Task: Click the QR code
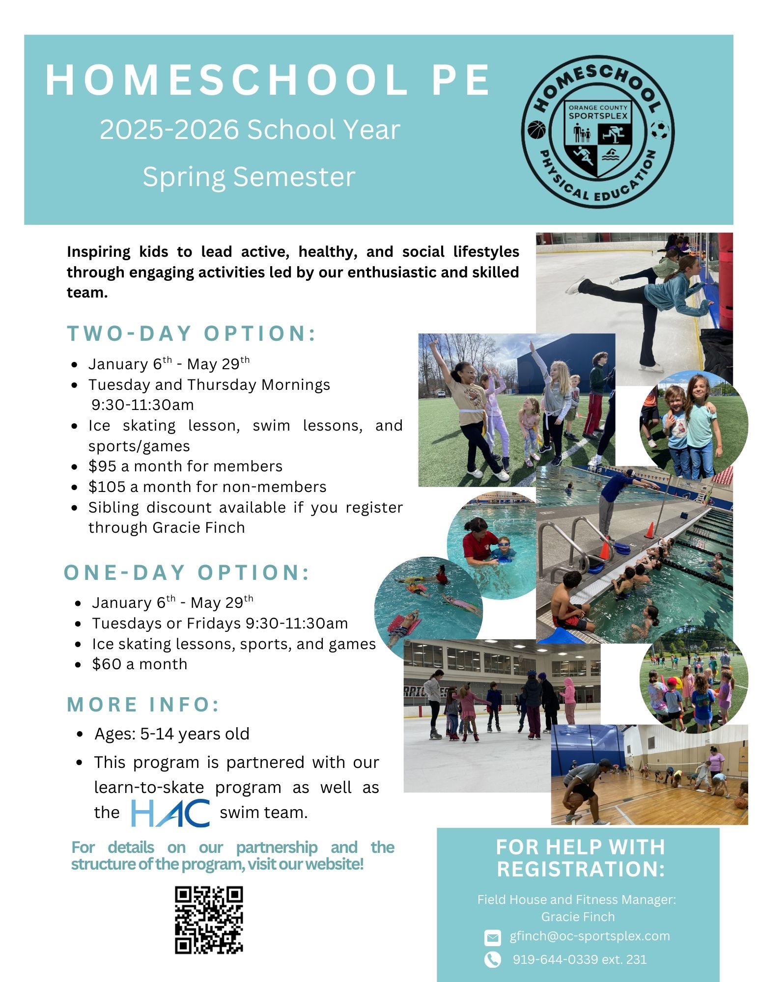coord(209,920)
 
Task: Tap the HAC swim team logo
coord(170,813)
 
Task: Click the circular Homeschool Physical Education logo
coord(597,131)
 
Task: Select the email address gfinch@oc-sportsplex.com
coord(590,936)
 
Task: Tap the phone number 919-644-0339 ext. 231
coord(580,959)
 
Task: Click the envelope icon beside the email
coord(492,937)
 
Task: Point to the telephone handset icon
coord(492,959)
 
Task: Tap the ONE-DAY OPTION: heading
coord(187,573)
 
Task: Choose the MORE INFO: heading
coord(143,705)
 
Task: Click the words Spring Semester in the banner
coord(249,177)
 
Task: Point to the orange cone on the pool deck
coord(649,530)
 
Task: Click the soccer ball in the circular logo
coord(660,131)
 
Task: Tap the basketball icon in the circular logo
coord(536,131)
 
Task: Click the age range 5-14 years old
coord(195,734)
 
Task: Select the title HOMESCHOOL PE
coord(268,80)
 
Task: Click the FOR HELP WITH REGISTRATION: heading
coord(580,858)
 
